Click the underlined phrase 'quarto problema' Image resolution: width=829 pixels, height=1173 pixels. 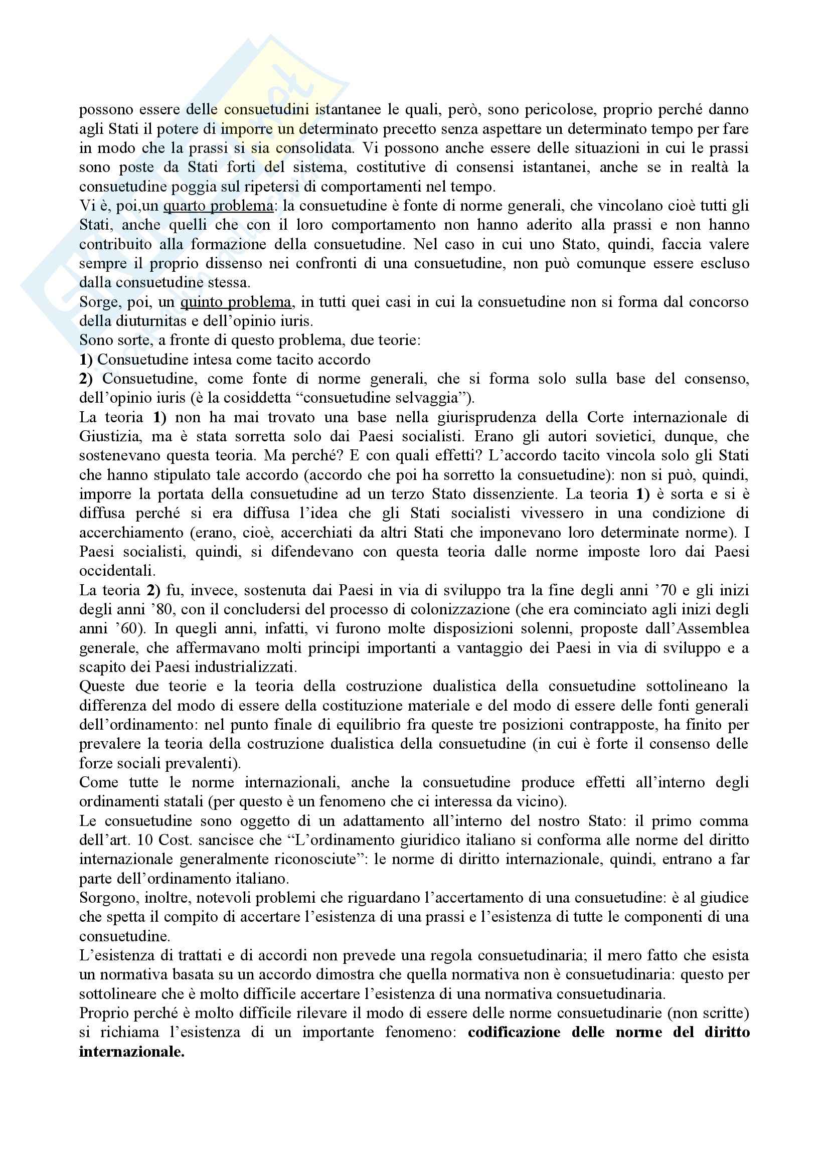tap(218, 206)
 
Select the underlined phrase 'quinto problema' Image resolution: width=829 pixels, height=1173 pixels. tap(236, 302)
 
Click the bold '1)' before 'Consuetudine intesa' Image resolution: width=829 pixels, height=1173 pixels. tap(86, 360)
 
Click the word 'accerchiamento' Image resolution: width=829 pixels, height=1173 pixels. tap(130, 533)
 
